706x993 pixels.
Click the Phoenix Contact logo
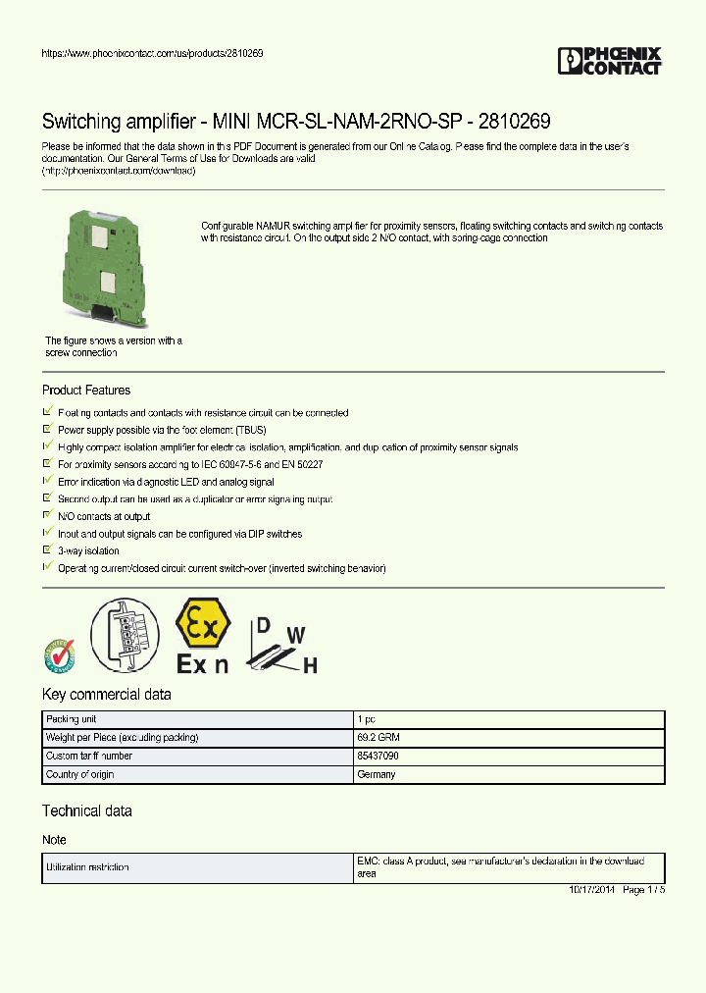pyautogui.click(x=609, y=61)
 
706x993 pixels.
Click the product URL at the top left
pyautogui.click(x=152, y=53)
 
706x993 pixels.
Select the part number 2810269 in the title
pyautogui.click(x=514, y=122)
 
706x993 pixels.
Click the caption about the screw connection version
pyautogui.click(x=113, y=346)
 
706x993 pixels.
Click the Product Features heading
pyautogui.click(x=86, y=391)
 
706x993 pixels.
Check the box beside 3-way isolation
pyautogui.click(x=47, y=550)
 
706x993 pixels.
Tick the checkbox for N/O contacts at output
pyautogui.click(x=47, y=515)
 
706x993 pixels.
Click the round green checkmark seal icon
pyautogui.click(x=59, y=654)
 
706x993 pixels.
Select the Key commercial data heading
pyautogui.click(x=106, y=695)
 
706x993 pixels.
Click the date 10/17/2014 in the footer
pyautogui.click(x=591, y=889)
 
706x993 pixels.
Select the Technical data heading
pyautogui.click(x=86, y=811)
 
